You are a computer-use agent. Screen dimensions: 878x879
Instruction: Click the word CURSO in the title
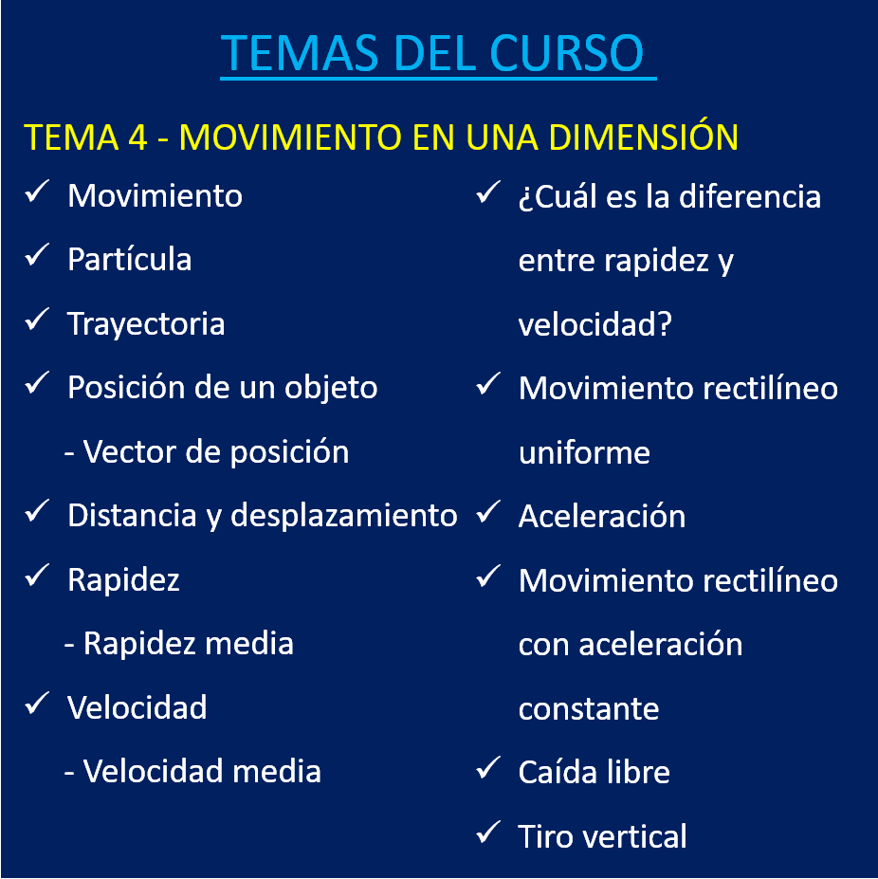click(x=566, y=53)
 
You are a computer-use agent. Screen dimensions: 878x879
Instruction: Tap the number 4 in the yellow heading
click(x=137, y=137)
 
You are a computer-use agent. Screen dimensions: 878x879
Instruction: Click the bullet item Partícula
click(x=130, y=259)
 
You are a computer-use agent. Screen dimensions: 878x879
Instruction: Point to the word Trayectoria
click(x=146, y=324)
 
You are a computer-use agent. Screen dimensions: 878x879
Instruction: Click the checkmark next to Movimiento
click(x=38, y=192)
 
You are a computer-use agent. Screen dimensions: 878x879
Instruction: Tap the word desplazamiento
click(x=343, y=516)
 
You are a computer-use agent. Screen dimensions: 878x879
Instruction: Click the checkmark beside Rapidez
click(x=38, y=576)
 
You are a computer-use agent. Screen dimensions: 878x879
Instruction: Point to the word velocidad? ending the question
click(x=594, y=324)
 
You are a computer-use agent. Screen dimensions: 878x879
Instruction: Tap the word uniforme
click(x=584, y=453)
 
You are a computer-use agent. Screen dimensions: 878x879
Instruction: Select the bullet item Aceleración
click(x=601, y=516)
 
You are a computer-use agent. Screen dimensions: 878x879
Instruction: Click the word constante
click(x=589, y=709)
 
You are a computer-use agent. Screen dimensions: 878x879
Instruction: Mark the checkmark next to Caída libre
click(x=488, y=768)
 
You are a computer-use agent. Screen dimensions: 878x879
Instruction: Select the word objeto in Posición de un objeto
click(x=331, y=388)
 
